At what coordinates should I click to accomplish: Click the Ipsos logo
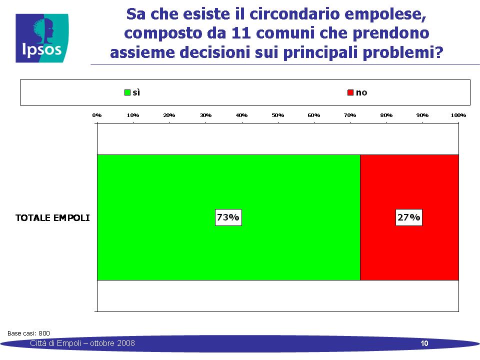(x=42, y=38)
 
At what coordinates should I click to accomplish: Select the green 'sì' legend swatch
(x=127, y=92)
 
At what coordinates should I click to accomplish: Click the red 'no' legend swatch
(x=350, y=92)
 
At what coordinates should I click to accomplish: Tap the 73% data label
(x=228, y=217)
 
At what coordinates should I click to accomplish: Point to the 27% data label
(x=408, y=217)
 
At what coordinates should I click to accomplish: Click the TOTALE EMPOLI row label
(x=52, y=217)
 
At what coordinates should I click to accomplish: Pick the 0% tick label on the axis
(x=96, y=115)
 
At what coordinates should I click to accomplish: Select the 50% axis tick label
(x=277, y=115)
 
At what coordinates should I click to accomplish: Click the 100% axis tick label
(x=458, y=115)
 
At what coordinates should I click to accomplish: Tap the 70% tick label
(x=350, y=115)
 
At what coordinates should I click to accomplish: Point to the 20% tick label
(x=169, y=115)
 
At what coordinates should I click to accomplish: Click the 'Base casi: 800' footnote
(x=28, y=333)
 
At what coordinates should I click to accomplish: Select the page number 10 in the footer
(x=424, y=343)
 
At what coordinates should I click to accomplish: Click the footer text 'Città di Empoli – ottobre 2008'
(x=82, y=343)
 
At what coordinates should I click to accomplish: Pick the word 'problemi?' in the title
(x=403, y=52)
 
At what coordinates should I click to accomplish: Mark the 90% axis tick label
(x=422, y=115)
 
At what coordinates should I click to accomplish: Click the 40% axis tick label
(x=241, y=115)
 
